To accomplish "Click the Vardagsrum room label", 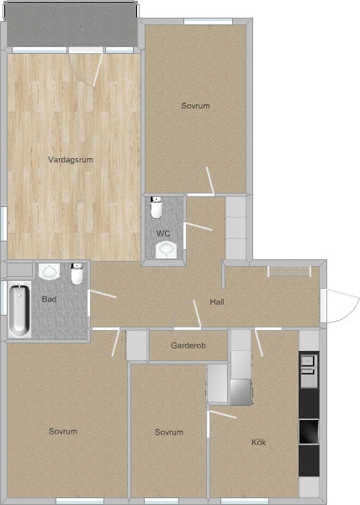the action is (71, 160).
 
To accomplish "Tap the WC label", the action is (163, 233).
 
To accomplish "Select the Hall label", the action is (217, 302).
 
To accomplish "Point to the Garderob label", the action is (188, 346).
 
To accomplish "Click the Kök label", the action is (259, 442).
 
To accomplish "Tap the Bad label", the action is (50, 299).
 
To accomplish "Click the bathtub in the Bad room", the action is (19, 310).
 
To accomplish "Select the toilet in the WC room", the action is (156, 207).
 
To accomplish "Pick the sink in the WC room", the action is (166, 250).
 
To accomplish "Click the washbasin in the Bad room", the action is (50, 272).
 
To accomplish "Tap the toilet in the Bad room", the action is (77, 274).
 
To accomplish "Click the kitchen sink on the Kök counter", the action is (309, 369).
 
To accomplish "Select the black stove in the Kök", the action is (309, 432).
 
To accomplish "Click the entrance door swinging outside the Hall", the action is (342, 306).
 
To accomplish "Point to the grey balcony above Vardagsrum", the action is (72, 24).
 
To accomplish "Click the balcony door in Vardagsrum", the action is (86, 68).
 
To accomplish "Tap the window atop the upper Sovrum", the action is (208, 22).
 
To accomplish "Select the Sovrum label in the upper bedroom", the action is (196, 106).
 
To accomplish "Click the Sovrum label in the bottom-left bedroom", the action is (63, 431).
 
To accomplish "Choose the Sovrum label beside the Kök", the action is (169, 433).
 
